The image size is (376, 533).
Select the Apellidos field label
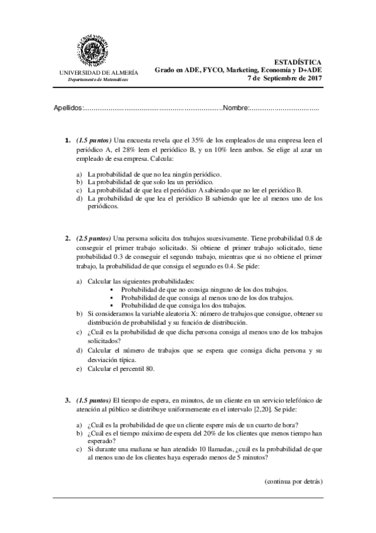68,109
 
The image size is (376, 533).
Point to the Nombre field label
237,109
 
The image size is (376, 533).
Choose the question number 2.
67,239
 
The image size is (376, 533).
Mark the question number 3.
67,400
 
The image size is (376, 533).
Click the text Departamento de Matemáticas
98,81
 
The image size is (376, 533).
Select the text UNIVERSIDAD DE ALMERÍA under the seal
98,73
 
